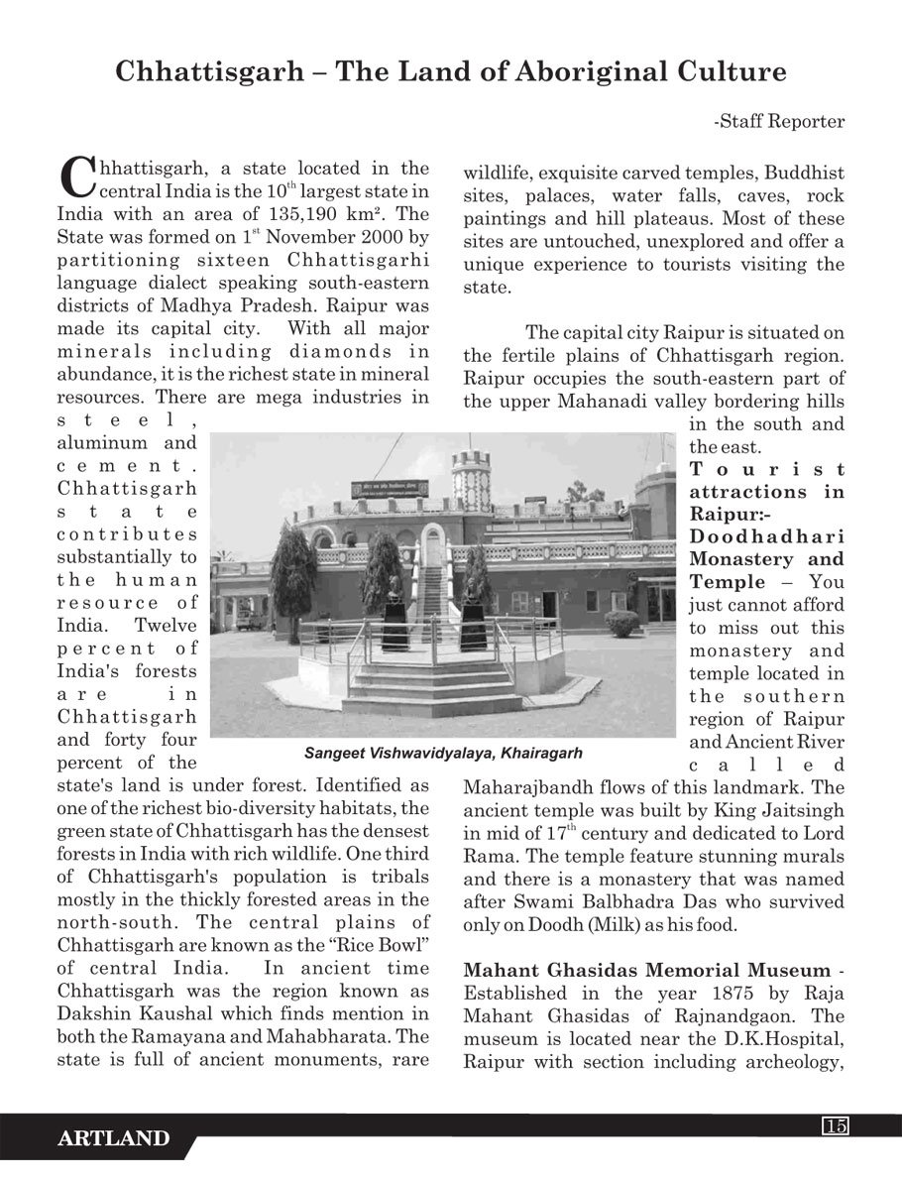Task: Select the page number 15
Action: [x=835, y=1124]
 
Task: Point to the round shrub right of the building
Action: [x=621, y=623]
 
